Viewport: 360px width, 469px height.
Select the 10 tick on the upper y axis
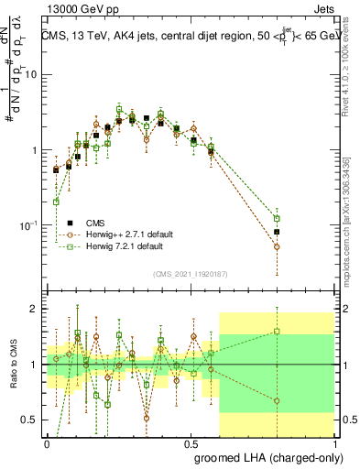click(31, 74)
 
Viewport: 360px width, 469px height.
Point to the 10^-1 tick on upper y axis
click(28, 225)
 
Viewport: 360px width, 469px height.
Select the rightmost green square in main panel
click(277, 219)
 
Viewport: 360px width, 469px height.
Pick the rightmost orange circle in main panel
click(277, 246)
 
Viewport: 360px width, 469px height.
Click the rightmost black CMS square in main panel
click(277, 233)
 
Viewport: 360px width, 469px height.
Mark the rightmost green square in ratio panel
click(277, 332)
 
